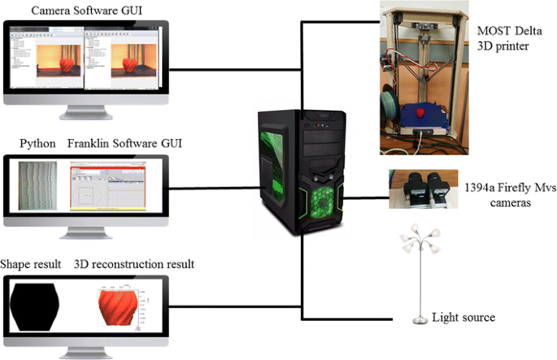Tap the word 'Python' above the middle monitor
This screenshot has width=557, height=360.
pos(37,144)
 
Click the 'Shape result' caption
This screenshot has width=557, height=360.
pos(31,265)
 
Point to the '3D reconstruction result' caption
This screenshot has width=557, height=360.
pos(134,265)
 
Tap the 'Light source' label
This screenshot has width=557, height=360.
pos(463,317)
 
